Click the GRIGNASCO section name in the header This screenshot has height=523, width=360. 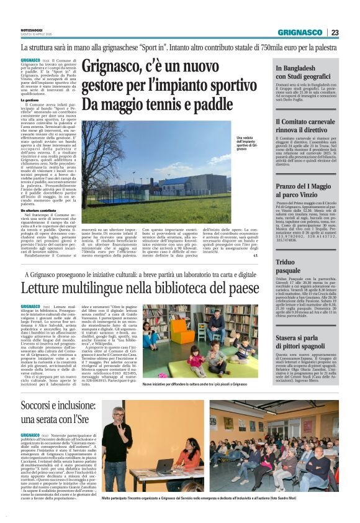300,32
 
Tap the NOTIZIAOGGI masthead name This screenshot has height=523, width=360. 35,29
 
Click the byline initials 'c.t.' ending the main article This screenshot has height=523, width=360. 254,255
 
